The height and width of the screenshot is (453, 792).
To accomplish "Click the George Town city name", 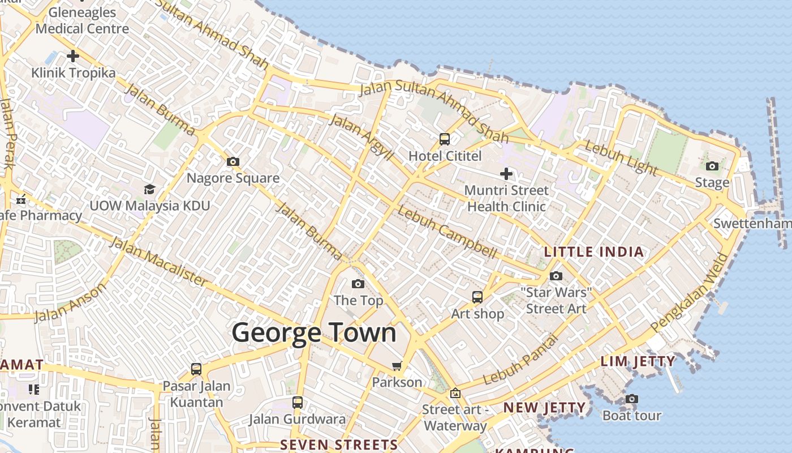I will pyautogui.click(x=314, y=332).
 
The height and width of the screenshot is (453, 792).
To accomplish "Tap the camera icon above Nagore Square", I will pyautogui.click(x=233, y=162).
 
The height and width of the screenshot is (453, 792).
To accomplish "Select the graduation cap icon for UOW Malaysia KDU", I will pyautogui.click(x=149, y=189).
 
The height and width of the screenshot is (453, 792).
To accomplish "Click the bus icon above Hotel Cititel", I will pyautogui.click(x=445, y=139).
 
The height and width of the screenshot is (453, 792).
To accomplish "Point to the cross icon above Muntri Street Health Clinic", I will pyautogui.click(x=506, y=174).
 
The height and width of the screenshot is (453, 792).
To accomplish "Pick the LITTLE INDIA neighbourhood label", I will pyautogui.click(x=594, y=252).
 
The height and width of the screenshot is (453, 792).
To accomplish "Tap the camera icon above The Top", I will pyautogui.click(x=358, y=284).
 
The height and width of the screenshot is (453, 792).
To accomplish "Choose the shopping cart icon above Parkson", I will pyautogui.click(x=397, y=366).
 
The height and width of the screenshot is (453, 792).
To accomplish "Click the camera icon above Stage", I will pyautogui.click(x=712, y=166).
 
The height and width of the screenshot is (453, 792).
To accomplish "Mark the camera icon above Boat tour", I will pyautogui.click(x=632, y=399).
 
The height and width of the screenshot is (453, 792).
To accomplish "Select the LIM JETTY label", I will pyautogui.click(x=638, y=361).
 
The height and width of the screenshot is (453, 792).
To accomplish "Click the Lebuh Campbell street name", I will pyautogui.click(x=447, y=232).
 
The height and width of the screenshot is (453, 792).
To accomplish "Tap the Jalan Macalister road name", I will pyautogui.click(x=158, y=261).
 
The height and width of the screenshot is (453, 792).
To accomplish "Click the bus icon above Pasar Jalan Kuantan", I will pyautogui.click(x=196, y=369).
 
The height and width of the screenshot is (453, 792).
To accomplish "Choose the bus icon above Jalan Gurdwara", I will pyautogui.click(x=298, y=403).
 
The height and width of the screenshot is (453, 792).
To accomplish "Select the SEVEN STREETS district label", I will pyautogui.click(x=339, y=445).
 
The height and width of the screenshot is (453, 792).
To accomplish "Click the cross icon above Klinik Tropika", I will pyautogui.click(x=73, y=56).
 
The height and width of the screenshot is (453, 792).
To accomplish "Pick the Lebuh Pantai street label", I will pyautogui.click(x=520, y=360).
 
